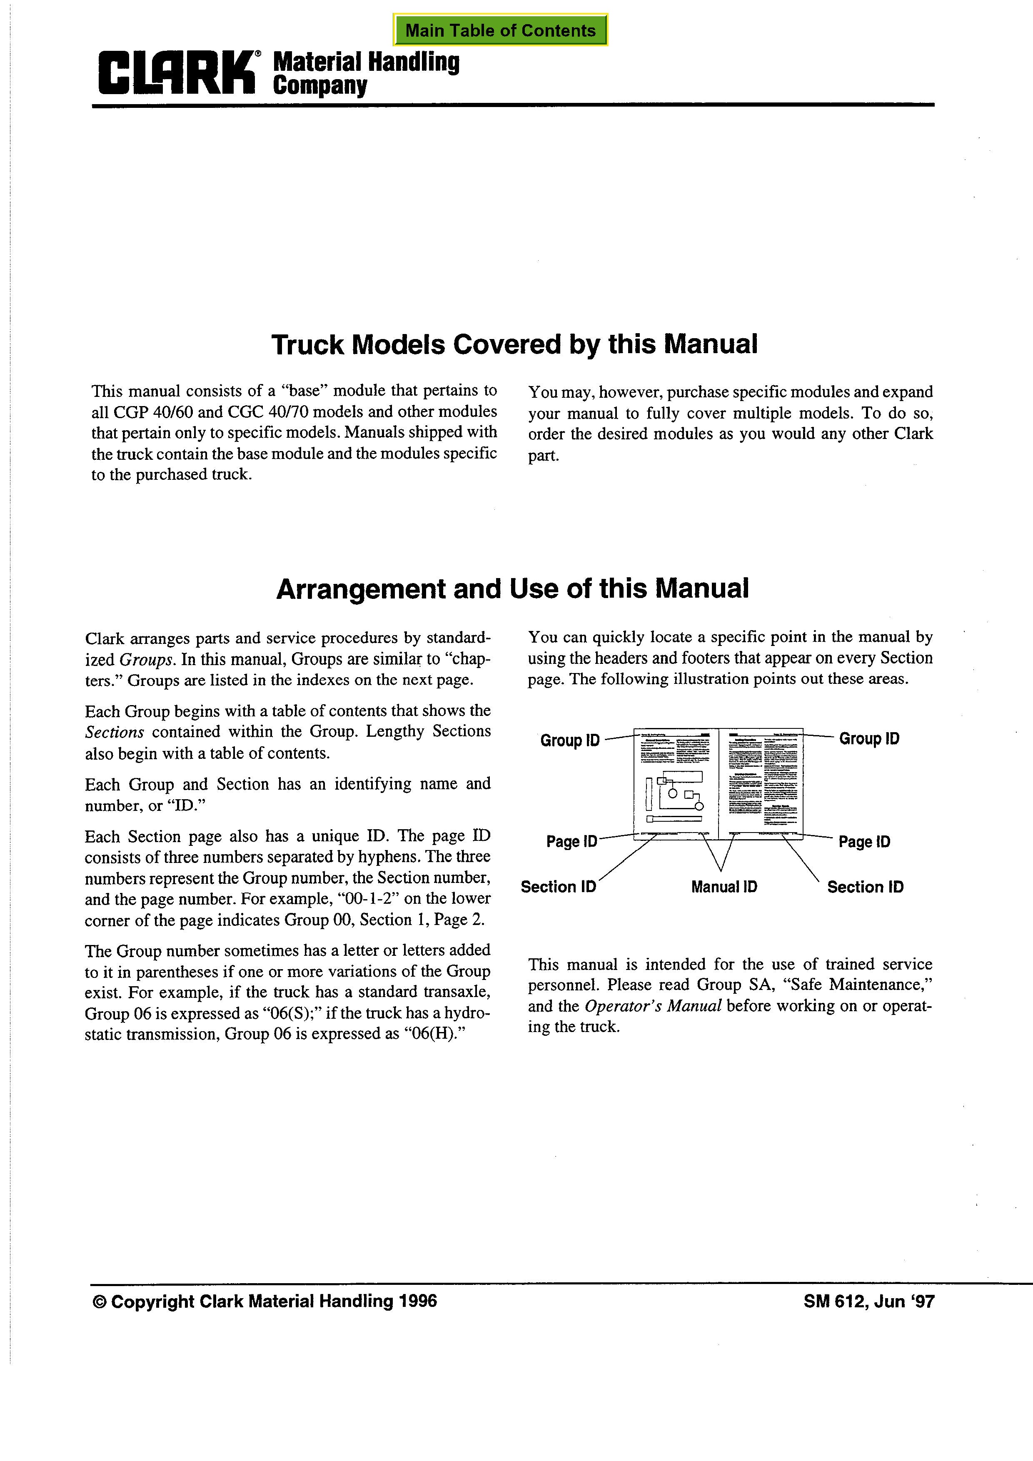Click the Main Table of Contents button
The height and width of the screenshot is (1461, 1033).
500,30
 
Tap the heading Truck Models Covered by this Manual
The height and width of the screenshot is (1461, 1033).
514,344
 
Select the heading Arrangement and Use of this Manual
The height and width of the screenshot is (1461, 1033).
512,588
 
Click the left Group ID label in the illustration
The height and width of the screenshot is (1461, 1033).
570,740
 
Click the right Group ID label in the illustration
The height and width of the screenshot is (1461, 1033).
869,738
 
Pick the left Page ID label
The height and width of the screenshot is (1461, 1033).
571,841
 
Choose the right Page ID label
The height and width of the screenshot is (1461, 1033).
864,841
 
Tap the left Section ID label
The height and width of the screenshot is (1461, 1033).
558,886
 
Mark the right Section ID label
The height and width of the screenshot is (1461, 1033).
865,886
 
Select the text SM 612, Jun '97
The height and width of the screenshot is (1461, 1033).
869,1301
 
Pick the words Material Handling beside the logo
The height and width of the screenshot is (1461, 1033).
366,62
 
